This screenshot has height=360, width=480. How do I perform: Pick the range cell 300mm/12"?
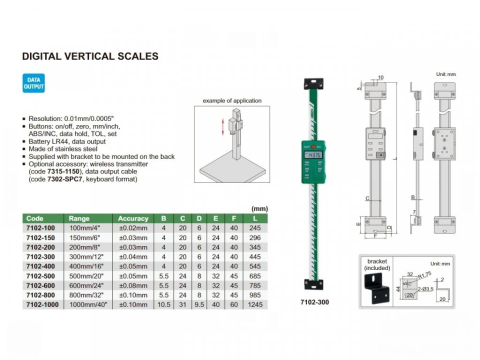(x=89, y=256)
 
